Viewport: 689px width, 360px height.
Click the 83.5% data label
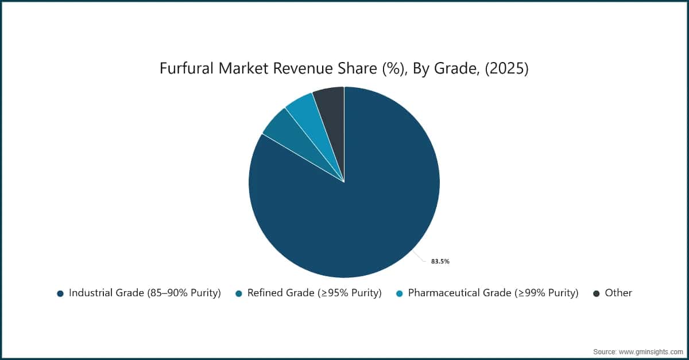(440, 262)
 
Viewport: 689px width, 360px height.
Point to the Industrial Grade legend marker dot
(60, 293)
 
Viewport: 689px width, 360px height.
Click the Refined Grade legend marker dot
(239, 293)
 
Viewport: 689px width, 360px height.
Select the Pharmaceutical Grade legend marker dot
(400, 293)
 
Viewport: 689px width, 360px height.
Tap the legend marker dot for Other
(597, 293)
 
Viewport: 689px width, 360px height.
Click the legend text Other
(618, 293)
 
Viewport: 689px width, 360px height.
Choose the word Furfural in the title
(187, 68)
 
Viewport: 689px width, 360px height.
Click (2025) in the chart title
(507, 69)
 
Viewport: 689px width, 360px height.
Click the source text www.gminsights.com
(651, 352)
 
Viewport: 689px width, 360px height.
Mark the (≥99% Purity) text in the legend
(547, 293)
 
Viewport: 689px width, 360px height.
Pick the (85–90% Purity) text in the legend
(184, 293)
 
